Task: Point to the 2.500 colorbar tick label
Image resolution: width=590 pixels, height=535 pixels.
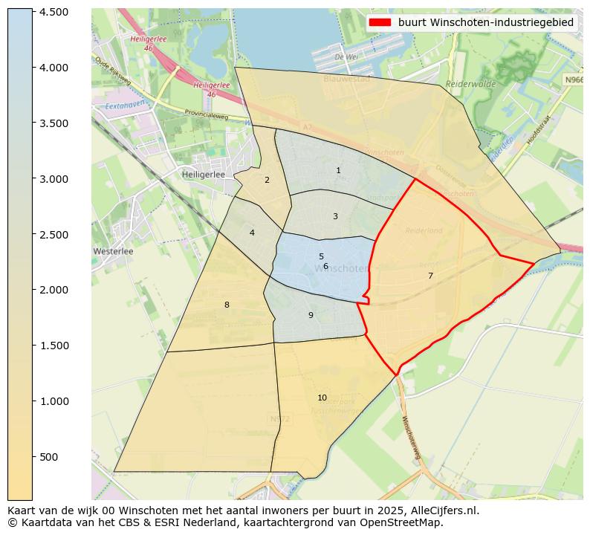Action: (54, 235)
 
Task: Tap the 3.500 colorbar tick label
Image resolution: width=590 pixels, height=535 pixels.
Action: (54, 123)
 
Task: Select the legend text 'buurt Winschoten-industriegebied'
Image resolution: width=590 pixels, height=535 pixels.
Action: (485, 22)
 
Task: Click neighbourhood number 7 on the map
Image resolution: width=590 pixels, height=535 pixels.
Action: (430, 276)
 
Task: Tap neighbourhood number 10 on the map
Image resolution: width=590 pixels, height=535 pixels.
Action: (322, 398)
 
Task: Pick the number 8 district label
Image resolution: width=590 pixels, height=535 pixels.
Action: (227, 305)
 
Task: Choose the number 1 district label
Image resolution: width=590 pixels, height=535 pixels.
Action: (338, 170)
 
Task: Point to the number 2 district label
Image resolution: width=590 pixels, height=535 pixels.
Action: (267, 180)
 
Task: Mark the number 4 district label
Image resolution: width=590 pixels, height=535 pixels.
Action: (252, 233)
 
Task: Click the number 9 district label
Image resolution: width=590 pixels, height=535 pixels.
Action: (311, 315)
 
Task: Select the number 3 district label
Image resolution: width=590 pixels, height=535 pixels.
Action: (335, 216)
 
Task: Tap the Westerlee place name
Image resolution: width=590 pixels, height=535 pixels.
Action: (113, 251)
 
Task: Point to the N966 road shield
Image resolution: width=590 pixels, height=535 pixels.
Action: (573, 80)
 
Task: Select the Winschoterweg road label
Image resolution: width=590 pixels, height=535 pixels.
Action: (411, 442)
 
